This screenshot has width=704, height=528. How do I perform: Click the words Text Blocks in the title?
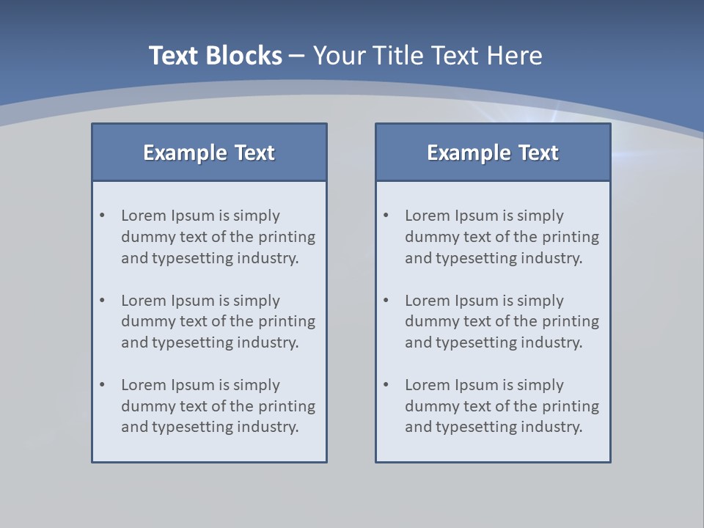[x=215, y=56]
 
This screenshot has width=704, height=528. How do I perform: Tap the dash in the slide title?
[x=297, y=56]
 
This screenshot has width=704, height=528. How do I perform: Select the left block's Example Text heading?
[x=209, y=153]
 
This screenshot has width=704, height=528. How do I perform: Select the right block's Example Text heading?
[x=493, y=153]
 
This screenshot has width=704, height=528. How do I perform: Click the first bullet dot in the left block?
[x=103, y=216]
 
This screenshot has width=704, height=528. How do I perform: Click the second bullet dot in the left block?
[x=103, y=301]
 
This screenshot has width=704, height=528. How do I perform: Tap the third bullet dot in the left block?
[x=103, y=385]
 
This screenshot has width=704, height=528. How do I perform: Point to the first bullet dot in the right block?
[x=386, y=216]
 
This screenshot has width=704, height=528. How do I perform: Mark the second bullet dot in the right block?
[x=386, y=301]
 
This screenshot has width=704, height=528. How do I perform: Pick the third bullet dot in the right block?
[x=386, y=385]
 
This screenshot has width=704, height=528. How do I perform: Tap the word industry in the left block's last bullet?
[x=271, y=427]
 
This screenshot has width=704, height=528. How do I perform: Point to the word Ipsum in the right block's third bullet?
[x=476, y=385]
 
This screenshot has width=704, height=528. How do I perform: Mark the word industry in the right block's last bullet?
[x=554, y=427]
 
